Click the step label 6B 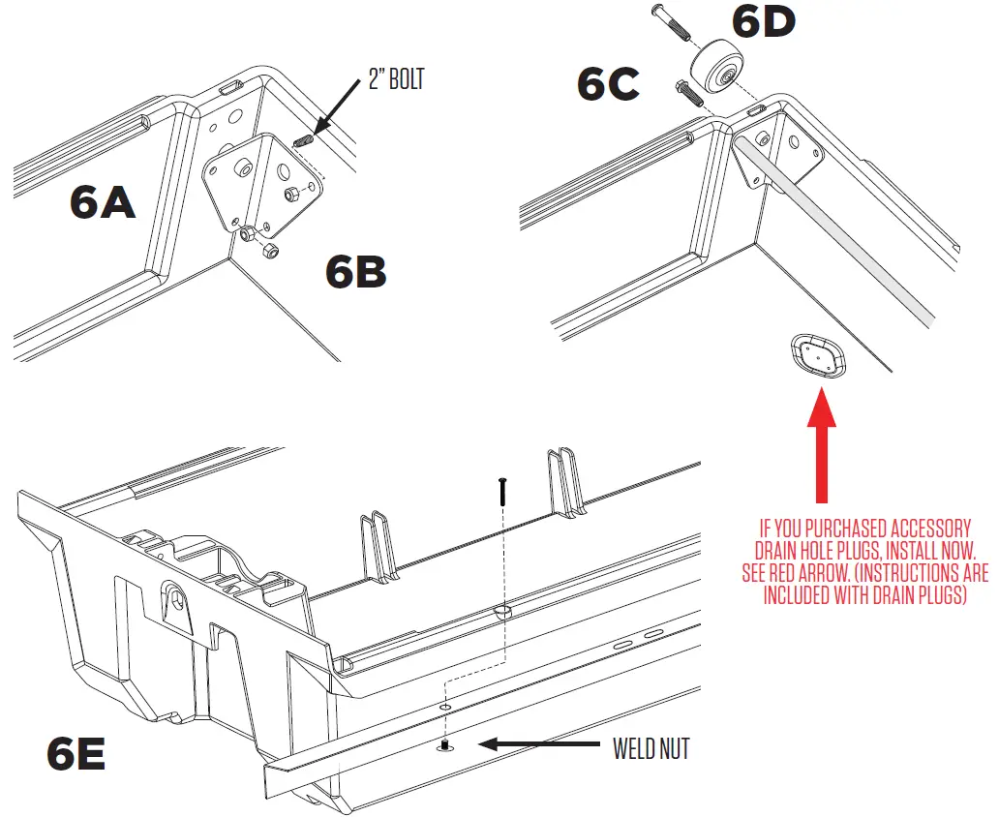pos(355,272)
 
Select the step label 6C pos(608,85)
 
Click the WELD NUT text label pos(651,748)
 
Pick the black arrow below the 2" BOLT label pos(331,123)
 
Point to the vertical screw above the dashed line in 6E pos(502,491)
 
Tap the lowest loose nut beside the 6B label pos(270,252)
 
